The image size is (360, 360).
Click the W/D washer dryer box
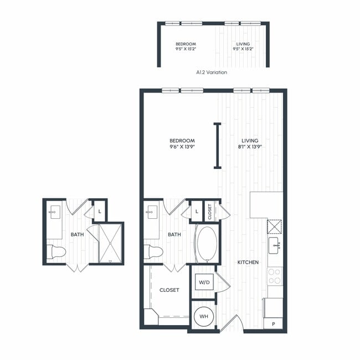click(204, 282)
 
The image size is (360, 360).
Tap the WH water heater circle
click(204, 316)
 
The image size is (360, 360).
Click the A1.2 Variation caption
click(212, 72)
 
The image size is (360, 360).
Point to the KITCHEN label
click(248, 262)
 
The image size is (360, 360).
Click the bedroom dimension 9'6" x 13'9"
click(182, 147)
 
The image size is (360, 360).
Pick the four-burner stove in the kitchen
click(274, 276)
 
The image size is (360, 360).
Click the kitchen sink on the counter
click(274, 244)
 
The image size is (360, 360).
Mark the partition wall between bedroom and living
click(218, 146)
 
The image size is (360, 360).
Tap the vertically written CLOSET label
click(210, 212)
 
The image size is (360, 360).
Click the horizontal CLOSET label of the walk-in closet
click(169, 290)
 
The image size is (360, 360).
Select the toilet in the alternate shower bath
click(56, 251)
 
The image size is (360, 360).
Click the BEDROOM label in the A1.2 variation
click(186, 44)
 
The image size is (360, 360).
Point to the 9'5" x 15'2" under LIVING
click(243, 49)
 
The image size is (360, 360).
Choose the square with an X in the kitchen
click(275, 227)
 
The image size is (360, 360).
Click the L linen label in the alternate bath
click(100, 211)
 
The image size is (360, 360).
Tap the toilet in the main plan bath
click(154, 251)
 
